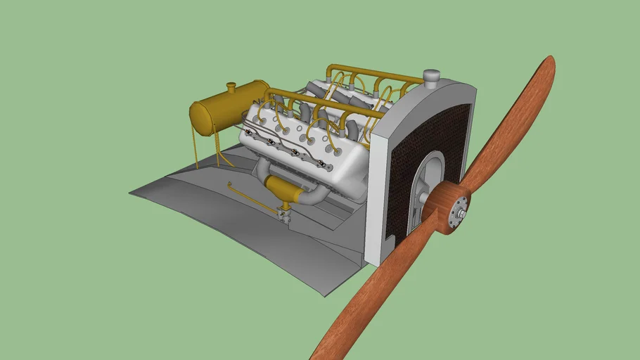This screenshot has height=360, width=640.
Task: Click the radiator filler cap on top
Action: (x=431, y=76)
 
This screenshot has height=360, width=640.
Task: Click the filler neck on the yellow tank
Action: (x=230, y=88)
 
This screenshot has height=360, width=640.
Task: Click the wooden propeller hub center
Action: (x=447, y=209)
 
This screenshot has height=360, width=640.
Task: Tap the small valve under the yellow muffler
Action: (x=285, y=213)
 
